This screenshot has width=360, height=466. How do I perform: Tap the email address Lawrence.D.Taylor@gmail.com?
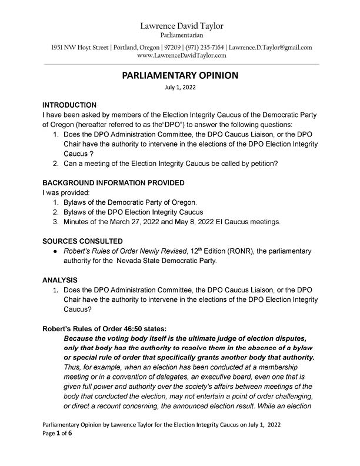coord(270,47)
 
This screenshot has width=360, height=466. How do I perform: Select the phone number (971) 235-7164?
coord(202,47)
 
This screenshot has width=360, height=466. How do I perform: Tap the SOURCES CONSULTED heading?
coord(83,241)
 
